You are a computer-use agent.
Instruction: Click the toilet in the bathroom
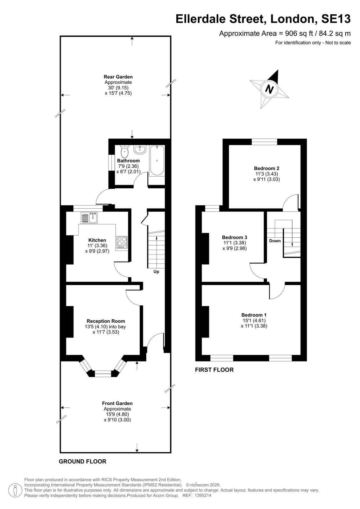pos(124,151)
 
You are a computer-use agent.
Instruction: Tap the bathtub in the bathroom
pos(157,161)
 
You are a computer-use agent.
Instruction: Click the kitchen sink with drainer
pos(89,218)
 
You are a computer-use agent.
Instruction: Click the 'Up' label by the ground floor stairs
pos(156,272)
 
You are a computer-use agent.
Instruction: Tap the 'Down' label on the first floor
pos(275,241)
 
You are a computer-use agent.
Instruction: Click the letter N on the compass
pos(270,89)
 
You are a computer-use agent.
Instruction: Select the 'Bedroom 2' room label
pos(266,168)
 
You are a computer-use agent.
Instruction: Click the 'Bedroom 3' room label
pos(235,237)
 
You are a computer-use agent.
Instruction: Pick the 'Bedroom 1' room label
pos(254,315)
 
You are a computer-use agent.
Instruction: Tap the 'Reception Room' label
pos(106,321)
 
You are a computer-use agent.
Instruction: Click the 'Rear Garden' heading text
pos(118,77)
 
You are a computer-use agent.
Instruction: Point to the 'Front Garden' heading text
pos(117,403)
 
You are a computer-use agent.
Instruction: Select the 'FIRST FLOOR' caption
pos(215,370)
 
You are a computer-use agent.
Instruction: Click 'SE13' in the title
pos(336,19)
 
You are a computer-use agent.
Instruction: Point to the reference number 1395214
pos(203,495)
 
